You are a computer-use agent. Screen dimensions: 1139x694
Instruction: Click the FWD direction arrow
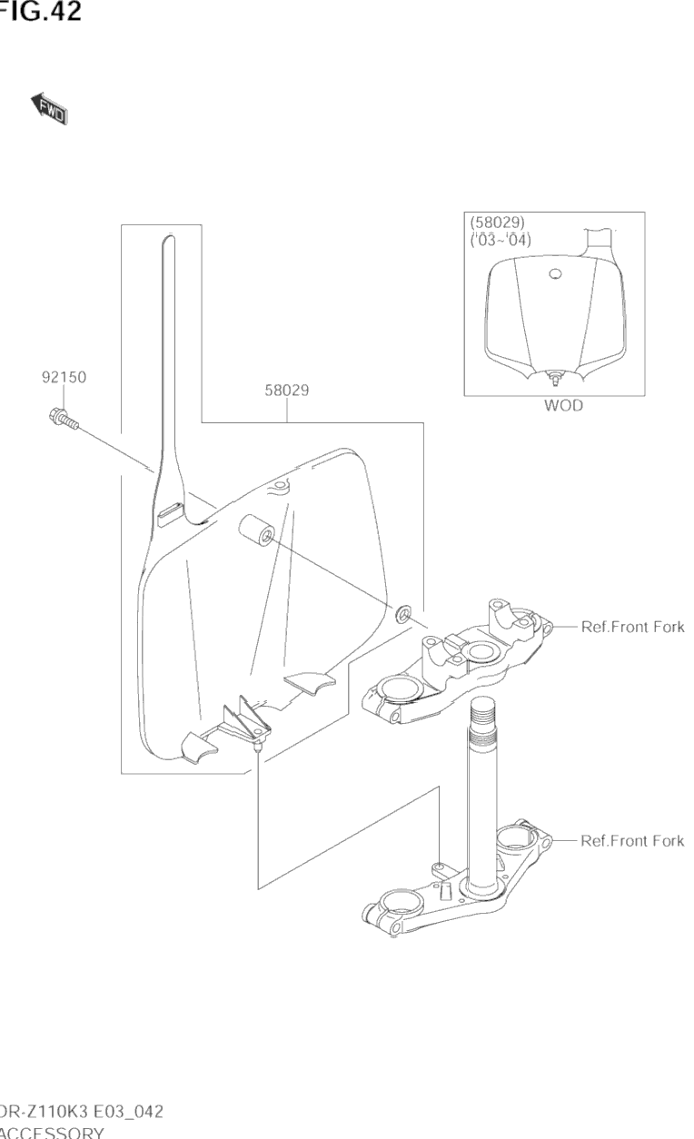pyautogui.click(x=51, y=108)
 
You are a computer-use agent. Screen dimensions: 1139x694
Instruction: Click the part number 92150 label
pyautogui.click(x=64, y=377)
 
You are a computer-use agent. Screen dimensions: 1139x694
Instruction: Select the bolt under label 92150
pyautogui.click(x=62, y=419)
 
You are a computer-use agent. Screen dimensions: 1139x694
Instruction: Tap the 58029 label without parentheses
pyautogui.click(x=287, y=391)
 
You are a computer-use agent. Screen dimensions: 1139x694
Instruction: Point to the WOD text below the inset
pyautogui.click(x=563, y=406)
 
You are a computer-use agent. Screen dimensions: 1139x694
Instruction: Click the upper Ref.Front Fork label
pyautogui.click(x=632, y=627)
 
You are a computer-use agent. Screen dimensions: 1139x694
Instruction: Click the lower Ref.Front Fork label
pyautogui.click(x=632, y=841)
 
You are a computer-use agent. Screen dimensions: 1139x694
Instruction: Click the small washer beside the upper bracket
pyautogui.click(x=402, y=616)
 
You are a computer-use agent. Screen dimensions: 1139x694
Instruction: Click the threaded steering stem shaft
pyautogui.click(x=481, y=781)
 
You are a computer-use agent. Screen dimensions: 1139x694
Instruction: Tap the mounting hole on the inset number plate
pyautogui.click(x=555, y=273)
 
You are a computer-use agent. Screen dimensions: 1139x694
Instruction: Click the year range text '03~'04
pyautogui.click(x=501, y=241)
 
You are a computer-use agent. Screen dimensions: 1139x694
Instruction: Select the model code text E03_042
pyautogui.click(x=123, y=1113)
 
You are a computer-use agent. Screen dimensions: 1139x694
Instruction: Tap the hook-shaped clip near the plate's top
pyautogui.click(x=280, y=489)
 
